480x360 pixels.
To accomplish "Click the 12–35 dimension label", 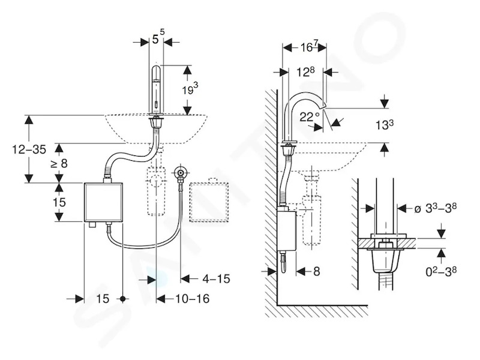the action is pyautogui.click(x=29, y=149).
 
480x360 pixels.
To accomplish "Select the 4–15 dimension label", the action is pyautogui.click(x=216, y=279).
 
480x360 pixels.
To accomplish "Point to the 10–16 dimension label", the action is pyautogui.click(x=192, y=298).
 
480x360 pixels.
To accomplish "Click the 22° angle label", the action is pyautogui.click(x=310, y=117).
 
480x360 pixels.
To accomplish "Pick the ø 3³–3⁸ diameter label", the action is pyautogui.click(x=435, y=208).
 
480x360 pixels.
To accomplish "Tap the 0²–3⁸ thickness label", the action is pyautogui.click(x=441, y=271).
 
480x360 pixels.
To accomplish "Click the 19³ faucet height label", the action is pyautogui.click(x=190, y=89).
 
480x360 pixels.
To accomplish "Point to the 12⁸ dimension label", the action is pyautogui.click(x=305, y=72).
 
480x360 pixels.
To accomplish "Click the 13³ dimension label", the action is pyautogui.click(x=385, y=125).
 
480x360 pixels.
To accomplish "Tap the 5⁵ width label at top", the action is pyautogui.click(x=158, y=38).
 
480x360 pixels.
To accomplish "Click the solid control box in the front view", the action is pyautogui.click(x=103, y=202).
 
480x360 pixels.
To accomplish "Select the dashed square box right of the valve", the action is pyautogui.click(x=209, y=202).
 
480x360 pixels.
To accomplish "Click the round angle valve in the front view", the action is pyautogui.click(x=180, y=173).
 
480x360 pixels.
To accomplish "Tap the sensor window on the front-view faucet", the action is pyautogui.click(x=156, y=104).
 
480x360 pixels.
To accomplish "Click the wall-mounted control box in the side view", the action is pyautogui.click(x=286, y=230).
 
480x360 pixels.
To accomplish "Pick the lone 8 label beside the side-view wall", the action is pyautogui.click(x=316, y=271).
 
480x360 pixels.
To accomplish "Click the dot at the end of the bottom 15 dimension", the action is pyautogui.click(x=123, y=299).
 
